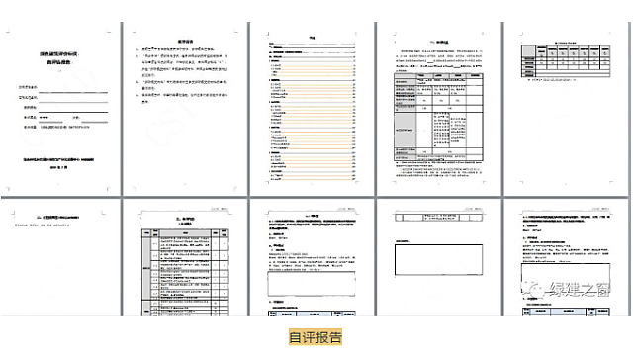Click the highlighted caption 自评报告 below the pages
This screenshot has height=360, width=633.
coord(316,337)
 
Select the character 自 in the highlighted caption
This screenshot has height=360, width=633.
coord(295,337)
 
